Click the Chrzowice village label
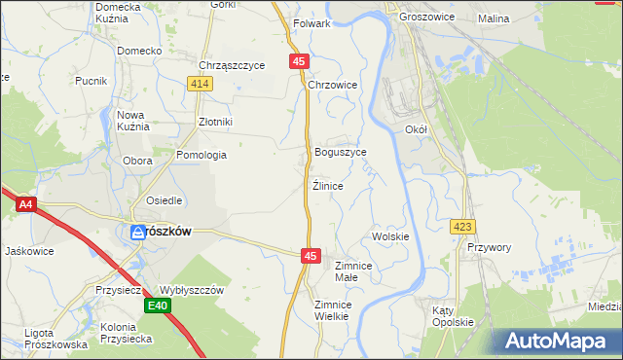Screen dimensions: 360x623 tap(333, 86)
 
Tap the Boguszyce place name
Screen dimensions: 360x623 tap(341, 153)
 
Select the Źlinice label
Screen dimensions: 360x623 tap(327, 185)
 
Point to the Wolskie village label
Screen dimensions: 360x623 tap(390, 236)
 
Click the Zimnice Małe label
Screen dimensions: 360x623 tap(353, 271)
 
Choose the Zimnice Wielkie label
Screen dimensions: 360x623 tap(331, 310)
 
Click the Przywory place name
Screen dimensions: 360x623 tap(489, 247)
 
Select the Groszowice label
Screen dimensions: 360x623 tap(420, 18)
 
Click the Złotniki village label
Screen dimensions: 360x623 tap(215, 122)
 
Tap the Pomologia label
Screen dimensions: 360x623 tap(202, 155)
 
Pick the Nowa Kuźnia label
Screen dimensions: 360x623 tap(132, 121)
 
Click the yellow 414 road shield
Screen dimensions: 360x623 tap(200, 85)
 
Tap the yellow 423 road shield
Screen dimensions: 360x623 tap(462, 227)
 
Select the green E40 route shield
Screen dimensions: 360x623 tap(158, 306)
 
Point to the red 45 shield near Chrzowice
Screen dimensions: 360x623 tap(298, 61)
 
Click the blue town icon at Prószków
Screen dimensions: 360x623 tap(138, 232)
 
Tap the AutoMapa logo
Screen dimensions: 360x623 tap(558, 342)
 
